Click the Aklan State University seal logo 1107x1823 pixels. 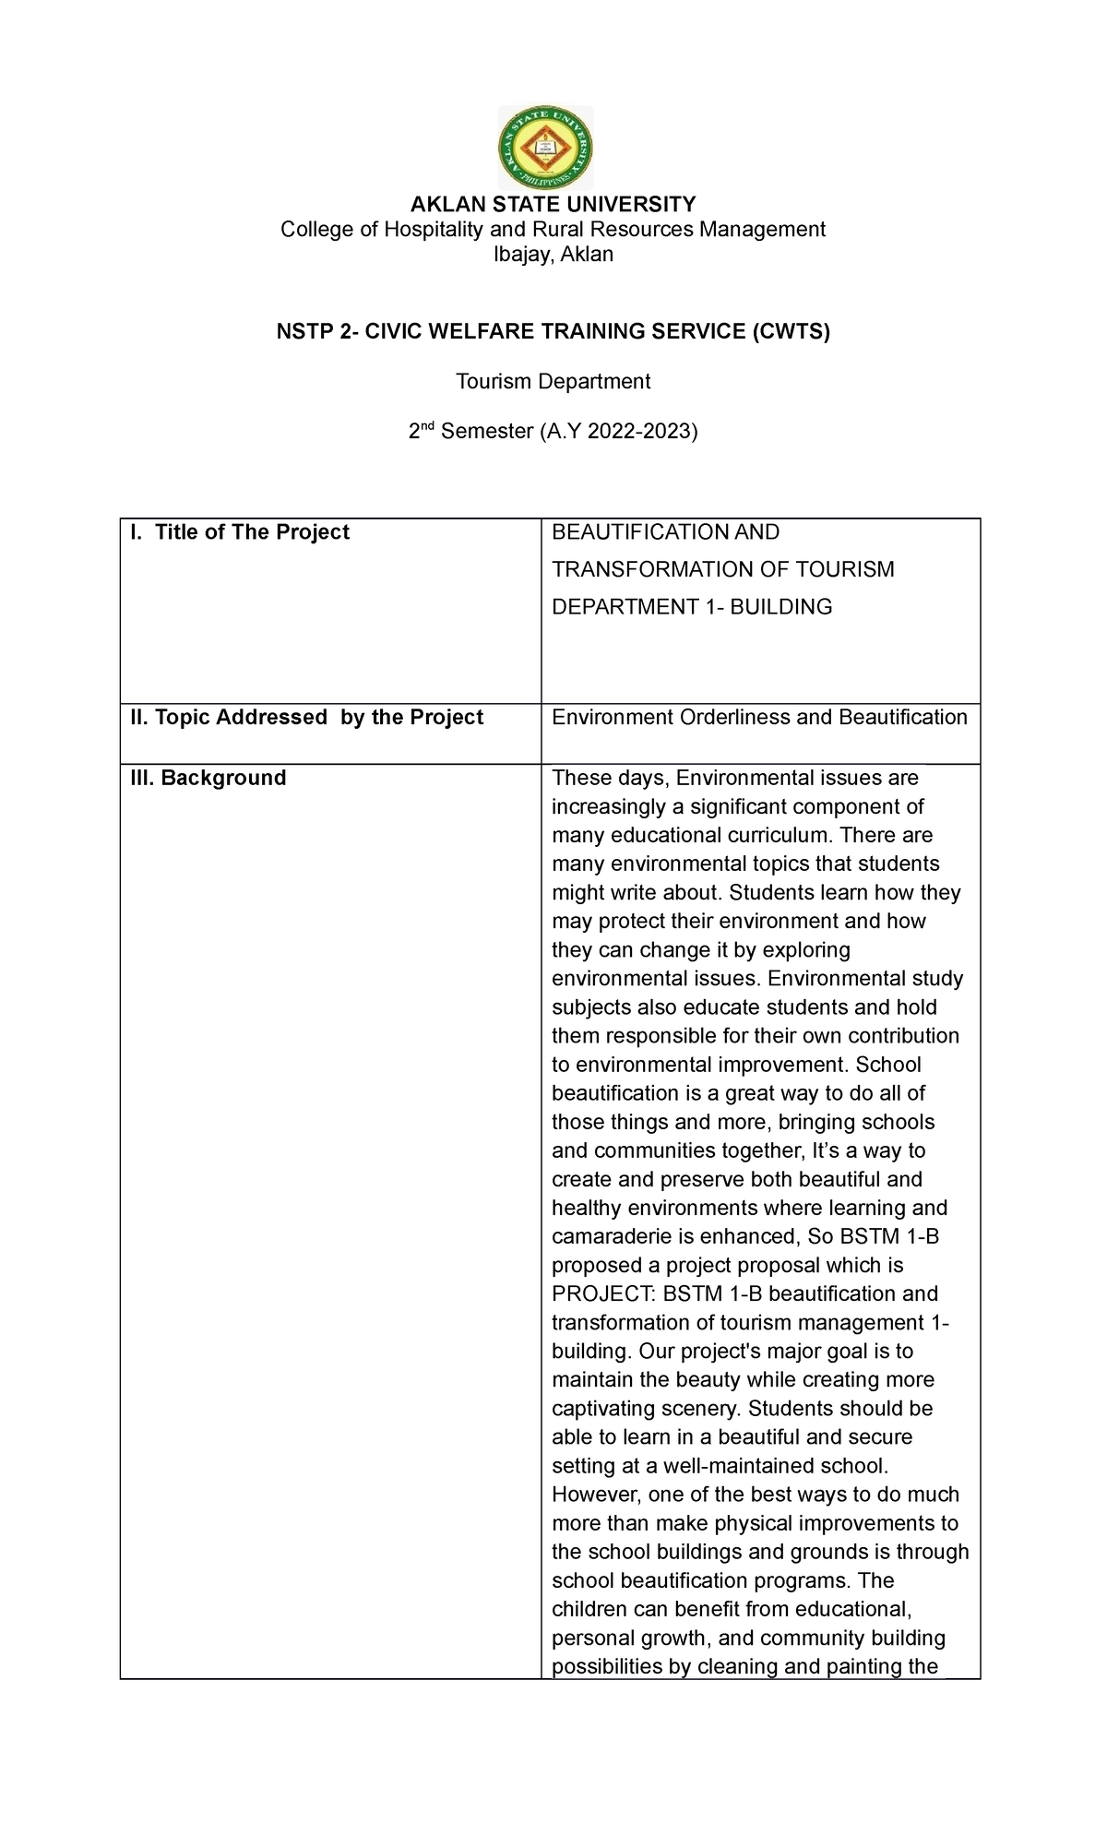pyautogui.click(x=545, y=148)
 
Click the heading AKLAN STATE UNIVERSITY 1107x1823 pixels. pyautogui.click(x=553, y=204)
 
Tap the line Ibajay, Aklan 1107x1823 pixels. pyautogui.click(x=553, y=255)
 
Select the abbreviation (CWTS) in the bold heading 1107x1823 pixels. pyautogui.click(x=790, y=331)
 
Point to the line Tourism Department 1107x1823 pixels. pyautogui.click(x=553, y=381)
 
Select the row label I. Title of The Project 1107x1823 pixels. pyautogui.click(x=239, y=532)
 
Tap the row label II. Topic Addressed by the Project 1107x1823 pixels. pyautogui.click(x=306, y=718)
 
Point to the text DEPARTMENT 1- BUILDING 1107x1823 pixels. pyautogui.click(x=691, y=607)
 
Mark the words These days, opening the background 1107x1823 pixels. pyautogui.click(x=610, y=778)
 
